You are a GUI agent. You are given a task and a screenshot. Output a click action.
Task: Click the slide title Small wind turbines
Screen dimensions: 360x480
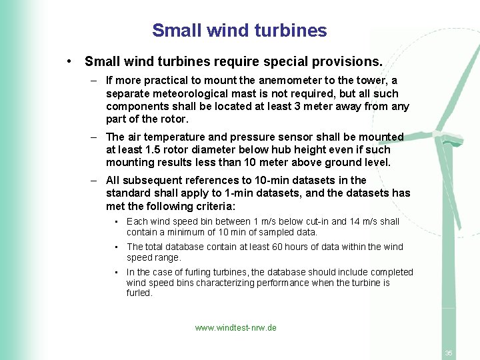tap(239, 31)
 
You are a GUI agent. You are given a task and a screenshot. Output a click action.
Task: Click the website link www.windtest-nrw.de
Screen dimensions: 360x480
tap(235, 328)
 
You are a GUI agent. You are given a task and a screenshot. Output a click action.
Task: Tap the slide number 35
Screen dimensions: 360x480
tap(449, 353)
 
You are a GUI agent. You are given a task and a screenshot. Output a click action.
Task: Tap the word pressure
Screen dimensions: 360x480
tap(245, 137)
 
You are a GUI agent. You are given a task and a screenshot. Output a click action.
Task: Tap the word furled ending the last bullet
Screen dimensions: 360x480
tap(139, 293)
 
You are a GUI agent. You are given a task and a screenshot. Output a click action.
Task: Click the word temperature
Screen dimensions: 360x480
tap(178, 137)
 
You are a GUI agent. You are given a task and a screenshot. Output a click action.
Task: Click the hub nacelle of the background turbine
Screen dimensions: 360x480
tap(448, 139)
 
